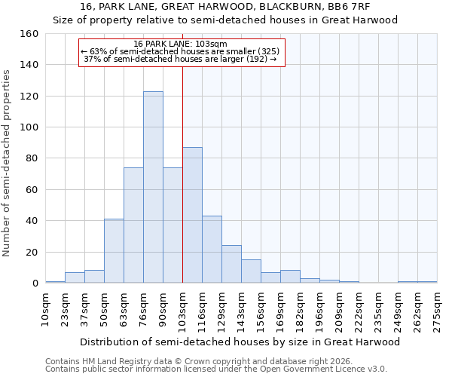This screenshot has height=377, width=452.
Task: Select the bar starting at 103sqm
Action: pyautogui.click(x=192, y=215)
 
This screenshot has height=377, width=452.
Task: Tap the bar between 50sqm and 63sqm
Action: pyautogui.click(x=114, y=251)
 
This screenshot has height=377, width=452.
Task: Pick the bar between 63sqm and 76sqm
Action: pyautogui.click(x=133, y=225)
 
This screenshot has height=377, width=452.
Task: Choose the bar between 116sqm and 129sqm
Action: pyautogui.click(x=212, y=250)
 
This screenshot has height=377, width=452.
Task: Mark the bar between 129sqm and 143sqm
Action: pyautogui.click(x=231, y=264)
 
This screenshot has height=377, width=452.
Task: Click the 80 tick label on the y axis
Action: pyautogui.click(x=32, y=158)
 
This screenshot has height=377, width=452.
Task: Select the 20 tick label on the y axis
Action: pyautogui.click(x=32, y=252)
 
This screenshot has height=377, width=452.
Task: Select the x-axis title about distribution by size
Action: pyautogui.click(x=240, y=342)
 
